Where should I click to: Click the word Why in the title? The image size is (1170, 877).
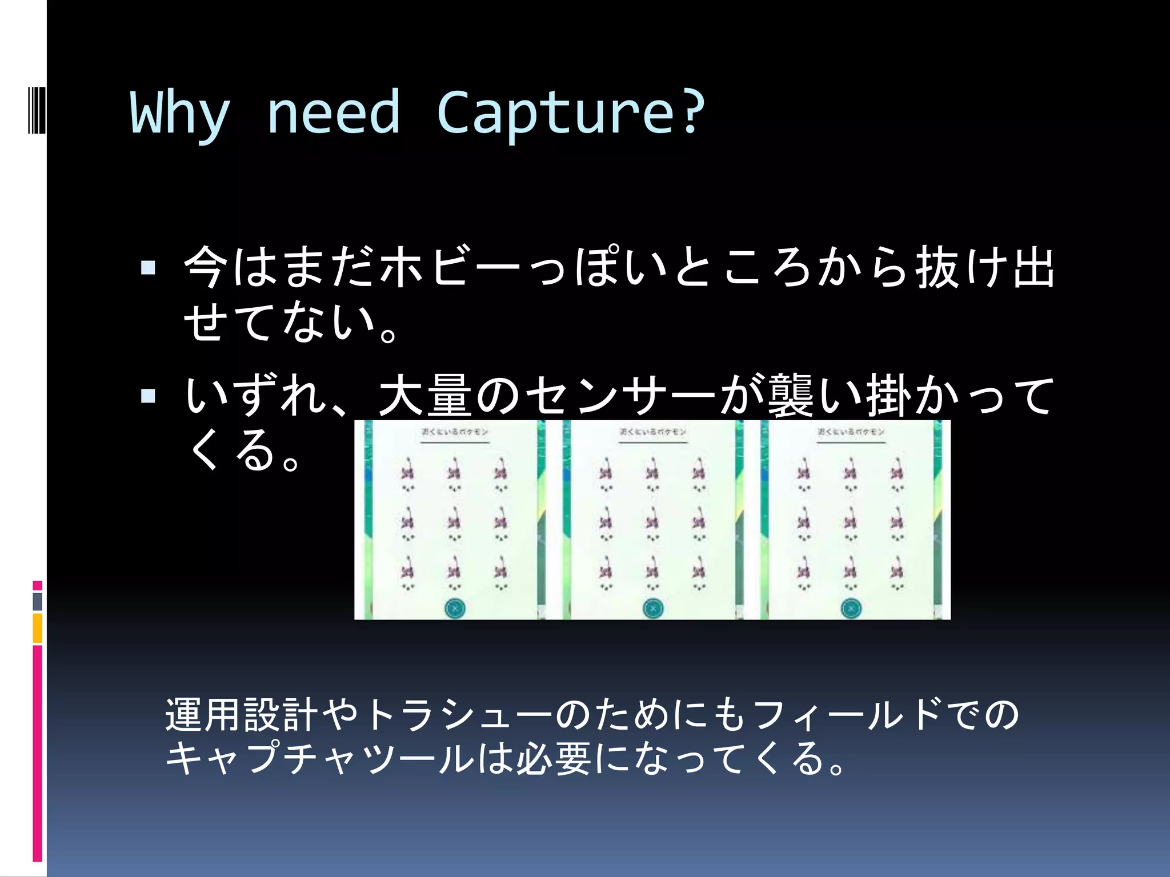(x=181, y=113)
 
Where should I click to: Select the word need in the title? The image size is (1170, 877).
(x=334, y=113)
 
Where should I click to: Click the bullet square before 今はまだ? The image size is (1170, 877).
(x=148, y=268)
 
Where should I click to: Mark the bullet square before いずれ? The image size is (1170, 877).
(x=148, y=396)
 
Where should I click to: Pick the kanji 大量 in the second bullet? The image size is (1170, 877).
(x=425, y=396)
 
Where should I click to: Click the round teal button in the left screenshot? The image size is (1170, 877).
(x=454, y=609)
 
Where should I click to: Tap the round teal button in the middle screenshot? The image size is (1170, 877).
(x=652, y=609)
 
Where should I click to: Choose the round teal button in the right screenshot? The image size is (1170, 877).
(x=851, y=609)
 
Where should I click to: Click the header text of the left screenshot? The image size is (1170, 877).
(x=455, y=432)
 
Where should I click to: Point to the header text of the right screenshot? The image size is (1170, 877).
(x=851, y=432)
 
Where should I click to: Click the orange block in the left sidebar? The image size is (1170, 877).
(x=38, y=628)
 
